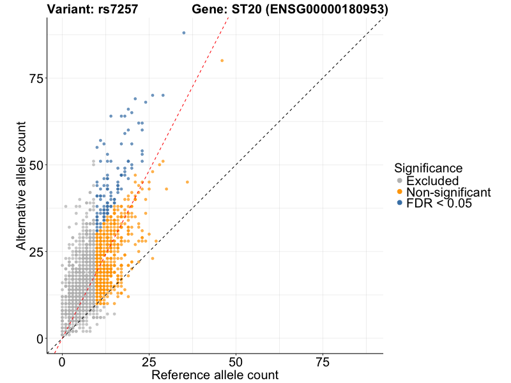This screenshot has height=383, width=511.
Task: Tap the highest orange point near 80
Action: [222, 61]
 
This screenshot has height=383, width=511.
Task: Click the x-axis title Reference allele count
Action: [215, 375]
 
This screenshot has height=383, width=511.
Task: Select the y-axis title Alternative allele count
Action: [21, 184]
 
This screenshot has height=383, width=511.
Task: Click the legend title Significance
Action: [428, 169]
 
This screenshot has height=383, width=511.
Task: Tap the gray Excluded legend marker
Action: [400, 181]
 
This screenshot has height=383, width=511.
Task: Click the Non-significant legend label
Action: [448, 192]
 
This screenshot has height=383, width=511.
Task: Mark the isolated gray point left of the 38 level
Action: [65, 206]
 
